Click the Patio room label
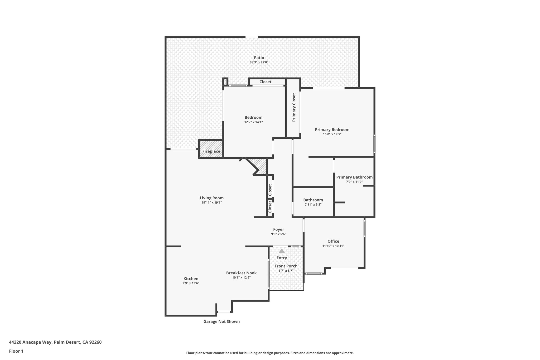(x=259, y=58)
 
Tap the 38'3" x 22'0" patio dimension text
(x=259, y=63)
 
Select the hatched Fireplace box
(x=211, y=149)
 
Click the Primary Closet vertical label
(x=294, y=107)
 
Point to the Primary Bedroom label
(x=332, y=129)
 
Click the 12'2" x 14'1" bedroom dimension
(x=253, y=122)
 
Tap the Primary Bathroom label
(x=354, y=177)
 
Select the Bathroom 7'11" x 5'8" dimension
(x=313, y=205)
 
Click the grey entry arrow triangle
(x=282, y=251)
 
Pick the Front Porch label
(x=286, y=266)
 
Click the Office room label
(x=333, y=241)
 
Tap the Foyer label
(x=278, y=229)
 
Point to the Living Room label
(x=211, y=198)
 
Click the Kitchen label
(x=191, y=279)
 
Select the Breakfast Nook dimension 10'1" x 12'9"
(x=241, y=277)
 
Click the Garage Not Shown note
(x=221, y=321)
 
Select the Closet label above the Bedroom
(x=265, y=82)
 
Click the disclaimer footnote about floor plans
(x=270, y=353)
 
